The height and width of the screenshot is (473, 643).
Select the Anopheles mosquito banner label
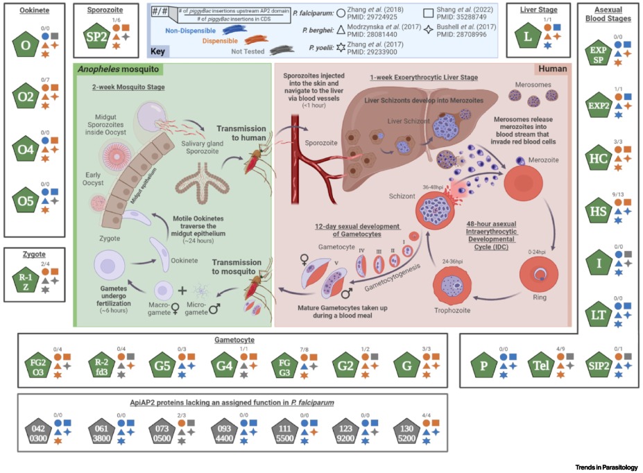click(119, 69)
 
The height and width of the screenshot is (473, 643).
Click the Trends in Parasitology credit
click(606, 467)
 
